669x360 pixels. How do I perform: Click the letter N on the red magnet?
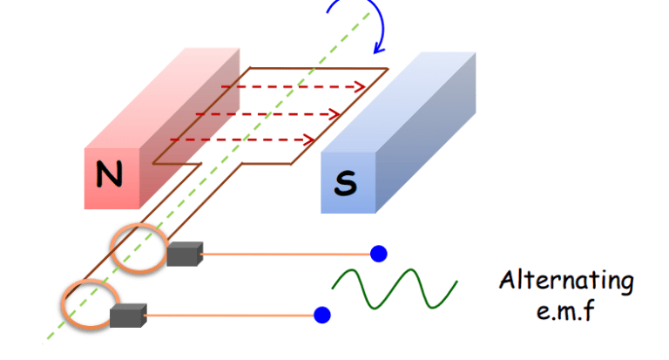(x=110, y=177)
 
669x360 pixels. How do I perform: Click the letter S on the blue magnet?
(x=345, y=183)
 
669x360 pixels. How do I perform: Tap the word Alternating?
(x=566, y=282)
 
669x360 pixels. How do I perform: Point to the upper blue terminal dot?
(x=378, y=254)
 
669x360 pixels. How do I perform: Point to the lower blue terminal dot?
(x=322, y=314)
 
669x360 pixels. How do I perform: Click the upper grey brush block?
(x=185, y=254)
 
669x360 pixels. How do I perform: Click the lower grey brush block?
(x=129, y=315)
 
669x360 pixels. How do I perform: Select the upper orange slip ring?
(x=138, y=248)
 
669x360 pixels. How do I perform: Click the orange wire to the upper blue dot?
(x=287, y=255)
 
